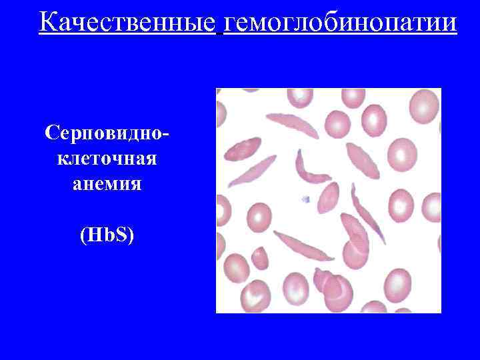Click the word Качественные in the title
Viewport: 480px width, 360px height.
point(127,22)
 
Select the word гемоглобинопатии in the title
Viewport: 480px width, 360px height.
point(341,22)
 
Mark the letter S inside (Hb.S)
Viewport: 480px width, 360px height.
point(122,235)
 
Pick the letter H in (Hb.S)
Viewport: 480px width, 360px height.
point(93,235)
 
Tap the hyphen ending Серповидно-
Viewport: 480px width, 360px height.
point(165,133)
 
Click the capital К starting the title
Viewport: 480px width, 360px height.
point(47,22)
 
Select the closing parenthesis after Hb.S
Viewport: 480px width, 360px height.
point(131,235)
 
